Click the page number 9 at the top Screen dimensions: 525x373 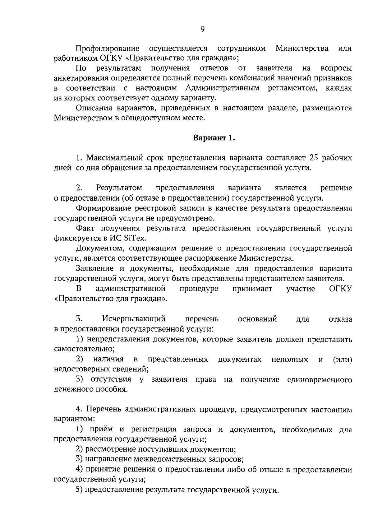tap(202, 30)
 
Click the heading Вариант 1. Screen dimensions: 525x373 tap(214, 138)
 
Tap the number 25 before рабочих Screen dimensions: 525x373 tap(313, 158)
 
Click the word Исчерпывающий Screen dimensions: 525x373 tap(134, 319)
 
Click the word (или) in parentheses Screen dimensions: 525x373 tap(343, 360)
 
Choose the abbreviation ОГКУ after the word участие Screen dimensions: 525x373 tap(340, 289)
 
